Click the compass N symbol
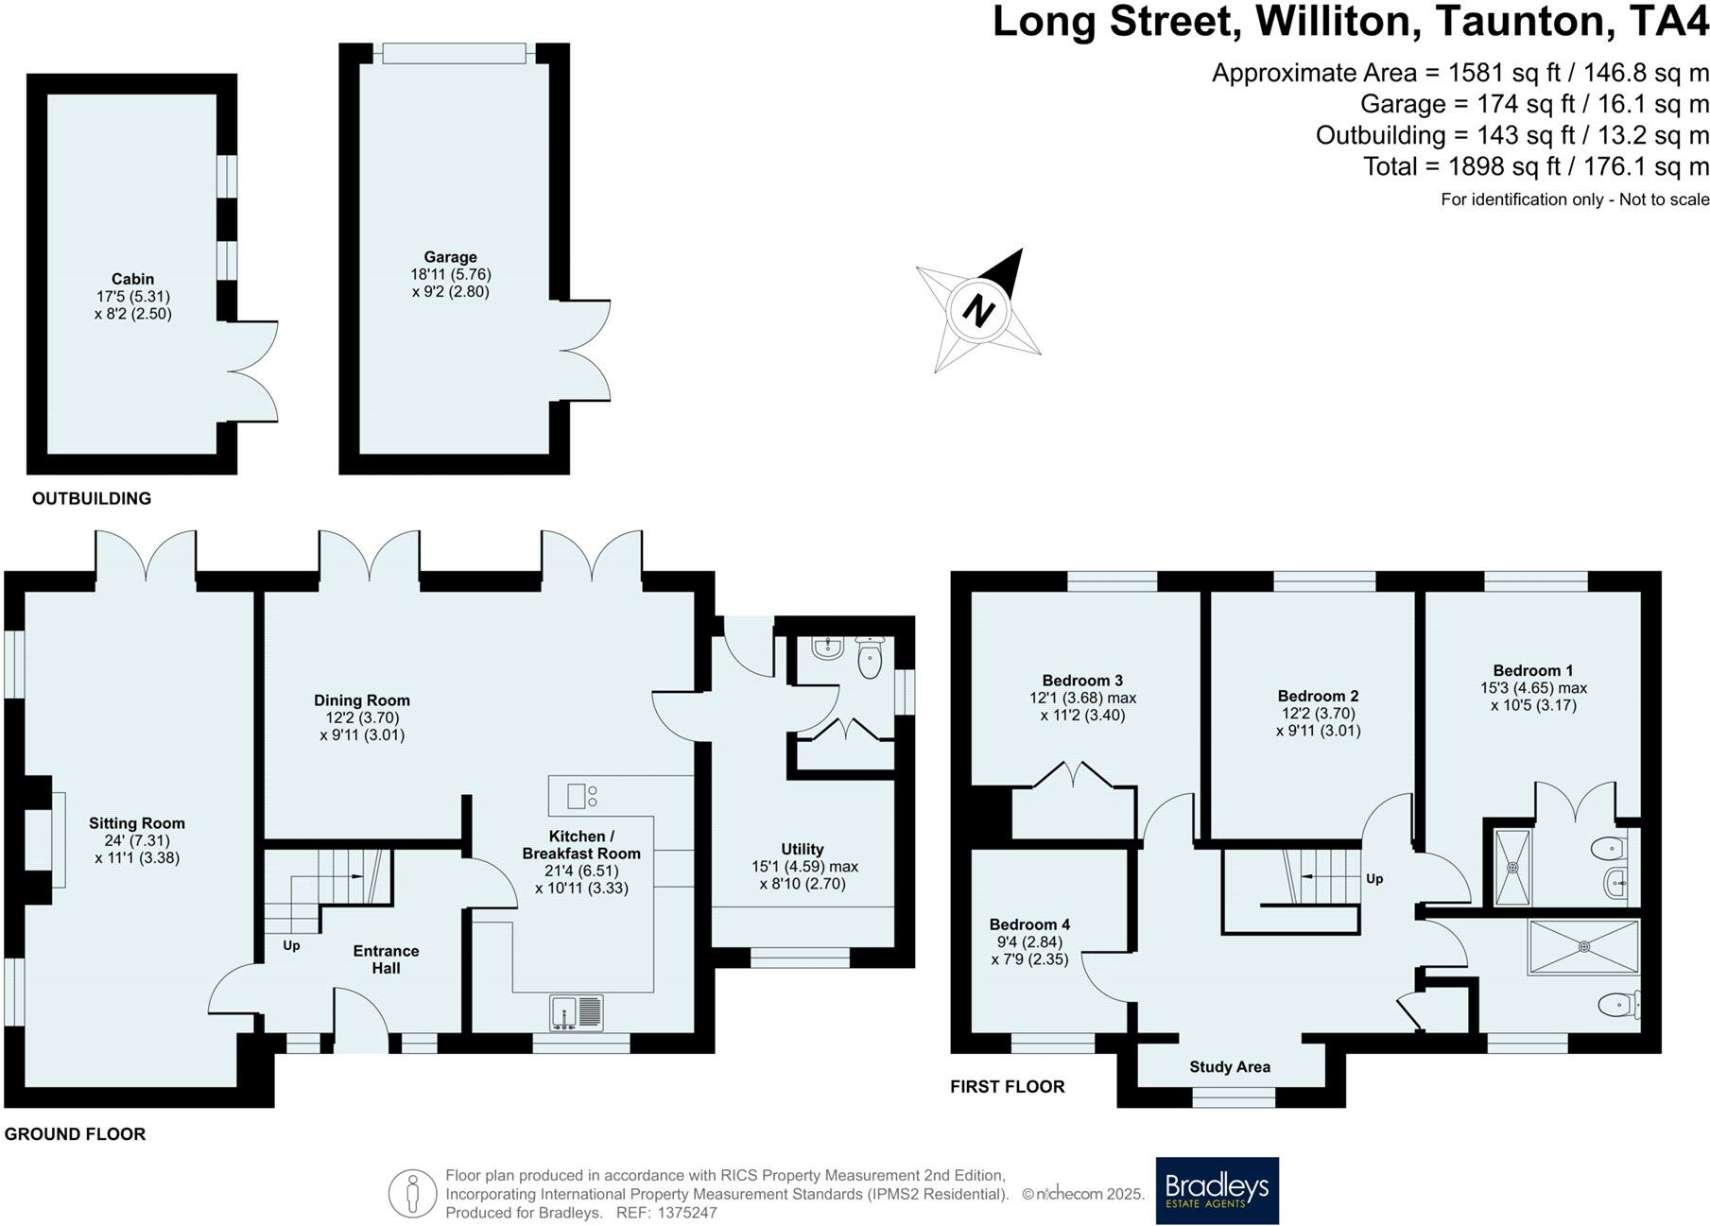[979, 310]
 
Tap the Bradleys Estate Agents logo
[1217, 1190]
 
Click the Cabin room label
[132, 279]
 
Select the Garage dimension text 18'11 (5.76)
[450, 274]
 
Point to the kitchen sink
[576, 1012]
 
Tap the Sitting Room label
[137, 823]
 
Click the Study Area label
[1229, 1066]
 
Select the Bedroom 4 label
[1029, 924]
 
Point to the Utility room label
[802, 849]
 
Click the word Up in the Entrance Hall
[291, 945]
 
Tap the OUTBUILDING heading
[92, 498]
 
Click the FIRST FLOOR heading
[1007, 1087]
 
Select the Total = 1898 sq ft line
[1535, 166]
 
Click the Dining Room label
[362, 700]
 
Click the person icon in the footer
[412, 1194]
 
